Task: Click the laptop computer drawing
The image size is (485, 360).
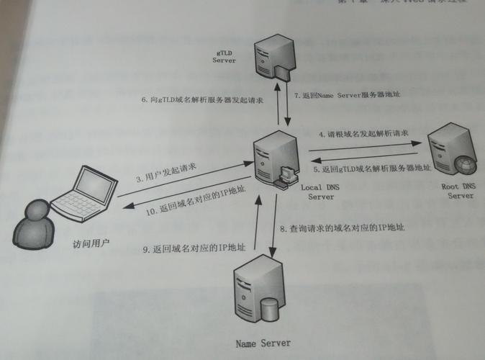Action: [x=86, y=194]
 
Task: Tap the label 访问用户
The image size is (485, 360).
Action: [x=91, y=243]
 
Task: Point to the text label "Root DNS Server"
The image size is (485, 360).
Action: [x=459, y=190]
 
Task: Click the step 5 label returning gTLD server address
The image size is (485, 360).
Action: [x=374, y=168]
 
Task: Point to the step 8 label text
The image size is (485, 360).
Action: [x=342, y=228]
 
